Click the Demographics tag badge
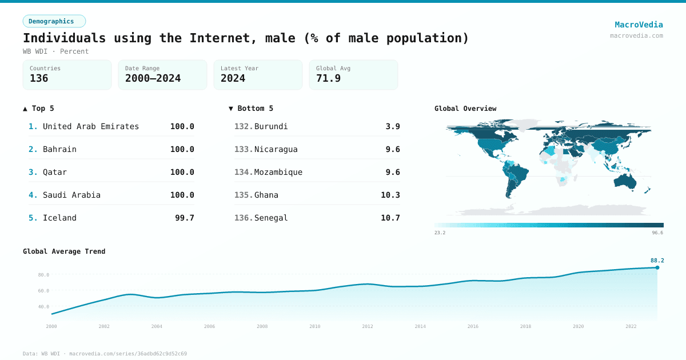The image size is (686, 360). pyautogui.click(x=54, y=21)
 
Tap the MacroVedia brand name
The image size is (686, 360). pyautogui.click(x=639, y=25)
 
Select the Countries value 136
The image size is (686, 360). pyautogui.click(x=39, y=78)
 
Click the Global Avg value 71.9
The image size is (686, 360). pyautogui.click(x=328, y=78)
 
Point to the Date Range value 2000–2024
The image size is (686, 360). pyautogui.click(x=153, y=78)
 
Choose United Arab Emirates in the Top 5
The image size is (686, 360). pyautogui.click(x=91, y=126)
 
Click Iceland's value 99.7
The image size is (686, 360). pyautogui.click(x=184, y=218)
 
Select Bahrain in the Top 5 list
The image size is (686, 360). pyautogui.click(x=59, y=149)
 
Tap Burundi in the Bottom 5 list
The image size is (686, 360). pyautogui.click(x=271, y=126)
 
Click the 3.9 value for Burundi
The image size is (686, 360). pyautogui.click(x=393, y=126)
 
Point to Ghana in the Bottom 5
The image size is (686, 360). pyautogui.click(x=266, y=195)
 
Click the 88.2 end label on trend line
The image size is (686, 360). pyautogui.click(x=657, y=261)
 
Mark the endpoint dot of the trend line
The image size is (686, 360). pyautogui.click(x=657, y=267)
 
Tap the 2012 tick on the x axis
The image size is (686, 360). pyautogui.click(x=368, y=327)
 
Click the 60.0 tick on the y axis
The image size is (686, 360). pyautogui.click(x=43, y=291)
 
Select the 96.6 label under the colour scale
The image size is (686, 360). pyautogui.click(x=657, y=233)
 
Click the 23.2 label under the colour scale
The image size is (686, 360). pyautogui.click(x=440, y=233)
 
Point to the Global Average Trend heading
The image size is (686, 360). pyautogui.click(x=64, y=251)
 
